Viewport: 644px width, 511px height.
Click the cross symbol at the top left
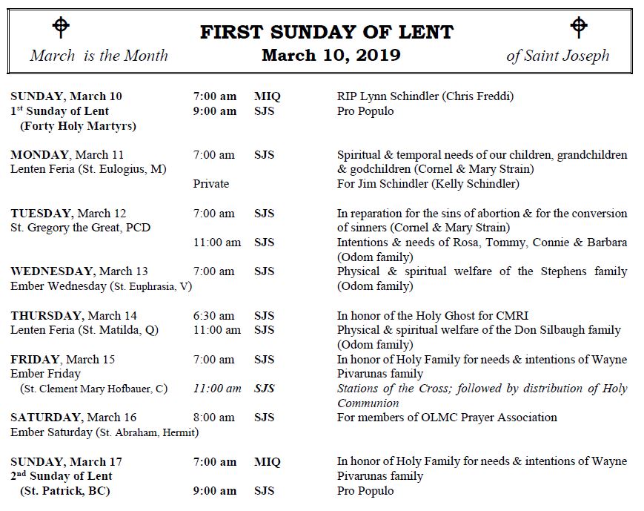click(x=61, y=27)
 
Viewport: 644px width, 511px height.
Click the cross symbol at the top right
click(x=579, y=27)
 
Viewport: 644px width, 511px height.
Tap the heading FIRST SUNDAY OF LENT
click(x=327, y=33)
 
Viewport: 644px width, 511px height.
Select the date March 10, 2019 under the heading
click(x=331, y=55)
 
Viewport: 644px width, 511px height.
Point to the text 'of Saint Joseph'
click(x=558, y=56)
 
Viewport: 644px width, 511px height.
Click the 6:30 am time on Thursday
click(x=213, y=315)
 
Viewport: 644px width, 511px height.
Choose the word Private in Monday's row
click(x=211, y=183)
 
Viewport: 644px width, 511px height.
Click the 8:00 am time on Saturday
click(x=213, y=417)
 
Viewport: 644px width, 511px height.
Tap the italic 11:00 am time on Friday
click(x=217, y=388)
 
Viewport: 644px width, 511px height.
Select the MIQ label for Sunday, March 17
click(x=268, y=461)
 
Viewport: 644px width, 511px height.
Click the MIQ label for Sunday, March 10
click(x=268, y=96)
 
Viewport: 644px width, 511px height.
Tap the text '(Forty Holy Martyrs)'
click(x=78, y=125)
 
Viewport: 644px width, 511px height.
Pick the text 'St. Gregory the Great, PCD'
click(x=80, y=227)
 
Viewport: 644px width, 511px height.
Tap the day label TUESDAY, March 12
click(x=68, y=213)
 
